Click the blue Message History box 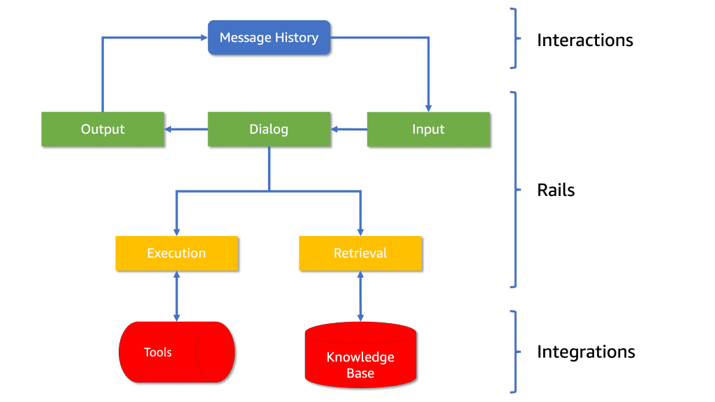click(x=269, y=38)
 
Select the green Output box click(x=103, y=129)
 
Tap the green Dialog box click(x=269, y=129)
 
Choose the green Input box click(x=428, y=129)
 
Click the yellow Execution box click(x=177, y=253)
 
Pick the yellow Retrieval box click(x=360, y=253)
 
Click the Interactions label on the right click(x=584, y=40)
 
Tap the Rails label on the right click(x=556, y=190)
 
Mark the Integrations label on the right click(x=586, y=352)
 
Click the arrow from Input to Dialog click(x=349, y=129)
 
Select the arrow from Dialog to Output click(x=186, y=129)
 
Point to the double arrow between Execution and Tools click(x=177, y=296)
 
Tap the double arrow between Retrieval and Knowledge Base click(x=360, y=296)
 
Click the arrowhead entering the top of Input click(x=429, y=107)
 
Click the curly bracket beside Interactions click(x=515, y=38)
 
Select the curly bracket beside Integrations click(x=515, y=351)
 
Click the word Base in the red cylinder click(x=360, y=373)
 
